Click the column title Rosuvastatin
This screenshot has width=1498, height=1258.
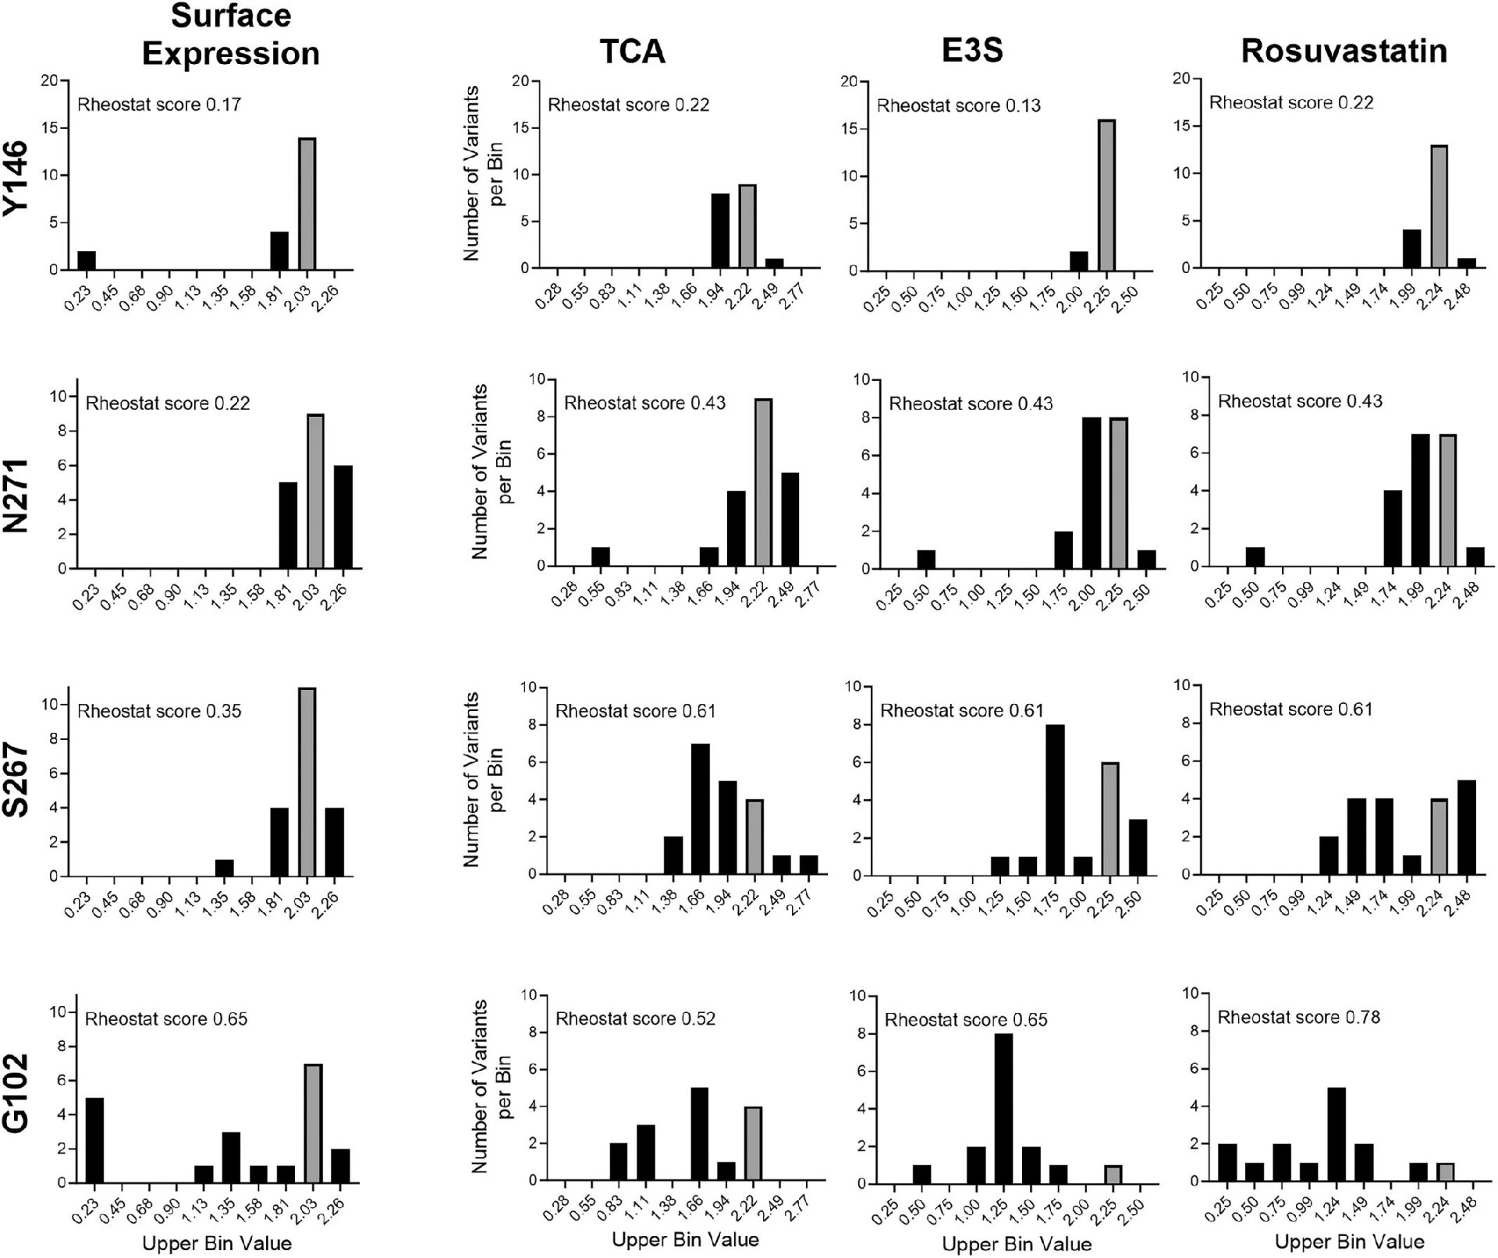point(1344,52)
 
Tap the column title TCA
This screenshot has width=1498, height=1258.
point(632,52)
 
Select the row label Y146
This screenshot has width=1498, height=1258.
point(16,176)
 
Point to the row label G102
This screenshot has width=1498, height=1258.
point(16,1093)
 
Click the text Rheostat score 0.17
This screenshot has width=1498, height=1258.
point(158,105)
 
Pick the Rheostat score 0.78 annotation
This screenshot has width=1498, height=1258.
point(1298,1018)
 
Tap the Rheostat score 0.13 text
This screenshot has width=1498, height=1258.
point(958,105)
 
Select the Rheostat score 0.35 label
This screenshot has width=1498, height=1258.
point(158,712)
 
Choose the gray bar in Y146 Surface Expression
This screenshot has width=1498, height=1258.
point(307,204)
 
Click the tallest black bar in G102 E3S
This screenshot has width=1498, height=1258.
point(1003,1108)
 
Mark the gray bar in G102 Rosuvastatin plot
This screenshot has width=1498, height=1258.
point(1445,1172)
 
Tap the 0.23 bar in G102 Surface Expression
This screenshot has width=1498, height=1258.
point(94,1140)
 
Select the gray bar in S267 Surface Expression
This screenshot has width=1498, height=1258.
point(307,782)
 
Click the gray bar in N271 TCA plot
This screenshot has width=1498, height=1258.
point(763,482)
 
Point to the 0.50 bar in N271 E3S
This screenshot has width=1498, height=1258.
point(925,560)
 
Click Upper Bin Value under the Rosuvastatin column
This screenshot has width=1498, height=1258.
point(1349,1242)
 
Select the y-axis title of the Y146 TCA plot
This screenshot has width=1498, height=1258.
point(482,173)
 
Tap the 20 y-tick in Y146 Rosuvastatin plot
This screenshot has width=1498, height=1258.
point(1181,79)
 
